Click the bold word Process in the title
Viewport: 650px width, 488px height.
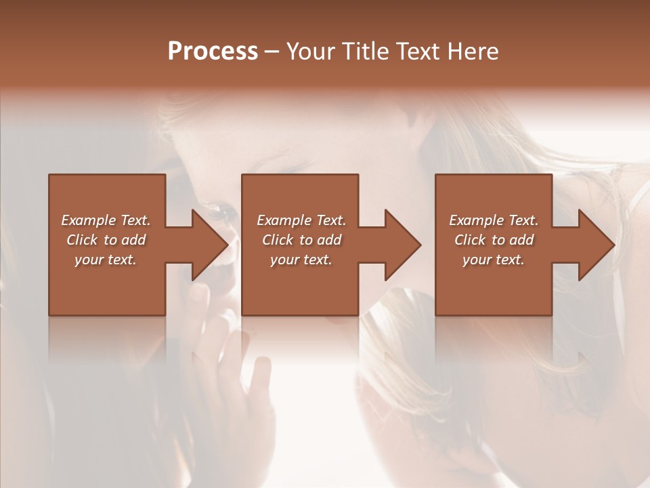pyautogui.click(x=213, y=52)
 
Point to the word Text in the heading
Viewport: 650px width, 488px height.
pyautogui.click(x=418, y=52)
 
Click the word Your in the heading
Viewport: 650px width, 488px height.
pyautogui.click(x=312, y=52)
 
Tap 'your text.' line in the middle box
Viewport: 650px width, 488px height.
pyautogui.click(x=301, y=260)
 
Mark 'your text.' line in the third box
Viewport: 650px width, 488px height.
pyautogui.click(x=494, y=260)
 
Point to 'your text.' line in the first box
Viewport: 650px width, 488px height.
pyautogui.click(x=106, y=260)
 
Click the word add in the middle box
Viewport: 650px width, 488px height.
pyautogui.click(x=330, y=240)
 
